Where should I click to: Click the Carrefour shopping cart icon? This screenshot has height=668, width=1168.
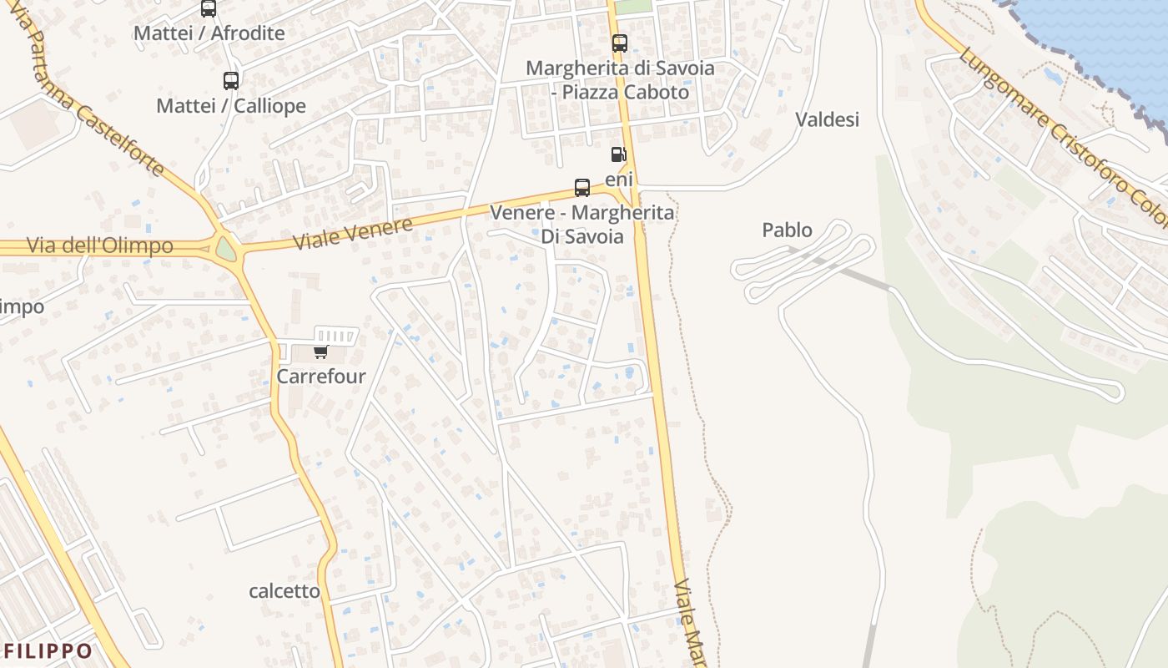[x=321, y=352]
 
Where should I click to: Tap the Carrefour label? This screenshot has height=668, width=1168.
[x=321, y=377]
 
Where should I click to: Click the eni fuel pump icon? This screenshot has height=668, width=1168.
[x=618, y=154]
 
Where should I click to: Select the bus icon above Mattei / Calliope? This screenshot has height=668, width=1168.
[x=231, y=81]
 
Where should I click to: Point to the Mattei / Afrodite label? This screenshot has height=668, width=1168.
[x=209, y=33]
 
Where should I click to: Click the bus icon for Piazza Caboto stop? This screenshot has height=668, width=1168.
[x=619, y=43]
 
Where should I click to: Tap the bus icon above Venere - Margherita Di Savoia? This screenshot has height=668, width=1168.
[x=582, y=188]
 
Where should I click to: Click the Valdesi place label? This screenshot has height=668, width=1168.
[x=827, y=119]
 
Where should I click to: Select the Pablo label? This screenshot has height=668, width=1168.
[x=787, y=230]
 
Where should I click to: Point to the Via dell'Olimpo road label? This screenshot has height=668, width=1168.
[x=100, y=245]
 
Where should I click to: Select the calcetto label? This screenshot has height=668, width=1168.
[x=284, y=591]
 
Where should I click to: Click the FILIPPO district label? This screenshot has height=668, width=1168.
[x=48, y=650]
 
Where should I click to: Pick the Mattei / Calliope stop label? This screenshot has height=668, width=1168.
[x=231, y=106]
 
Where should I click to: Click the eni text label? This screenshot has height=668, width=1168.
[x=619, y=180]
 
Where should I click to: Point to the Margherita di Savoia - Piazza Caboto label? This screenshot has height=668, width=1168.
[x=620, y=79]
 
